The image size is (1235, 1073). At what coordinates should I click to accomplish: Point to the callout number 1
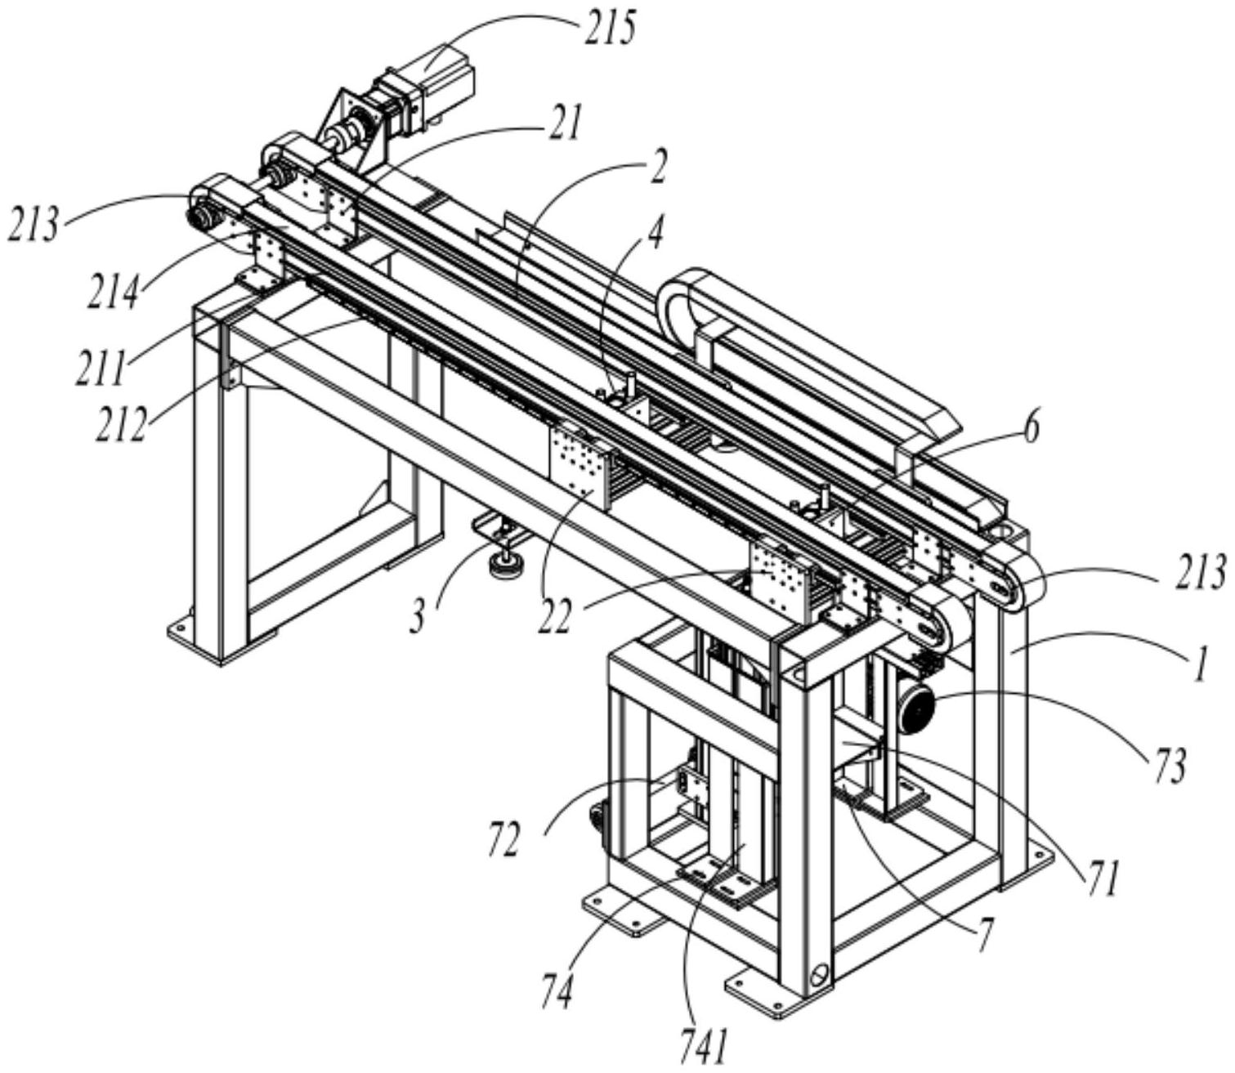tap(1199, 667)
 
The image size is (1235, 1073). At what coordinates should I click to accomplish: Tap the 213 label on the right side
tap(1201, 572)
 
